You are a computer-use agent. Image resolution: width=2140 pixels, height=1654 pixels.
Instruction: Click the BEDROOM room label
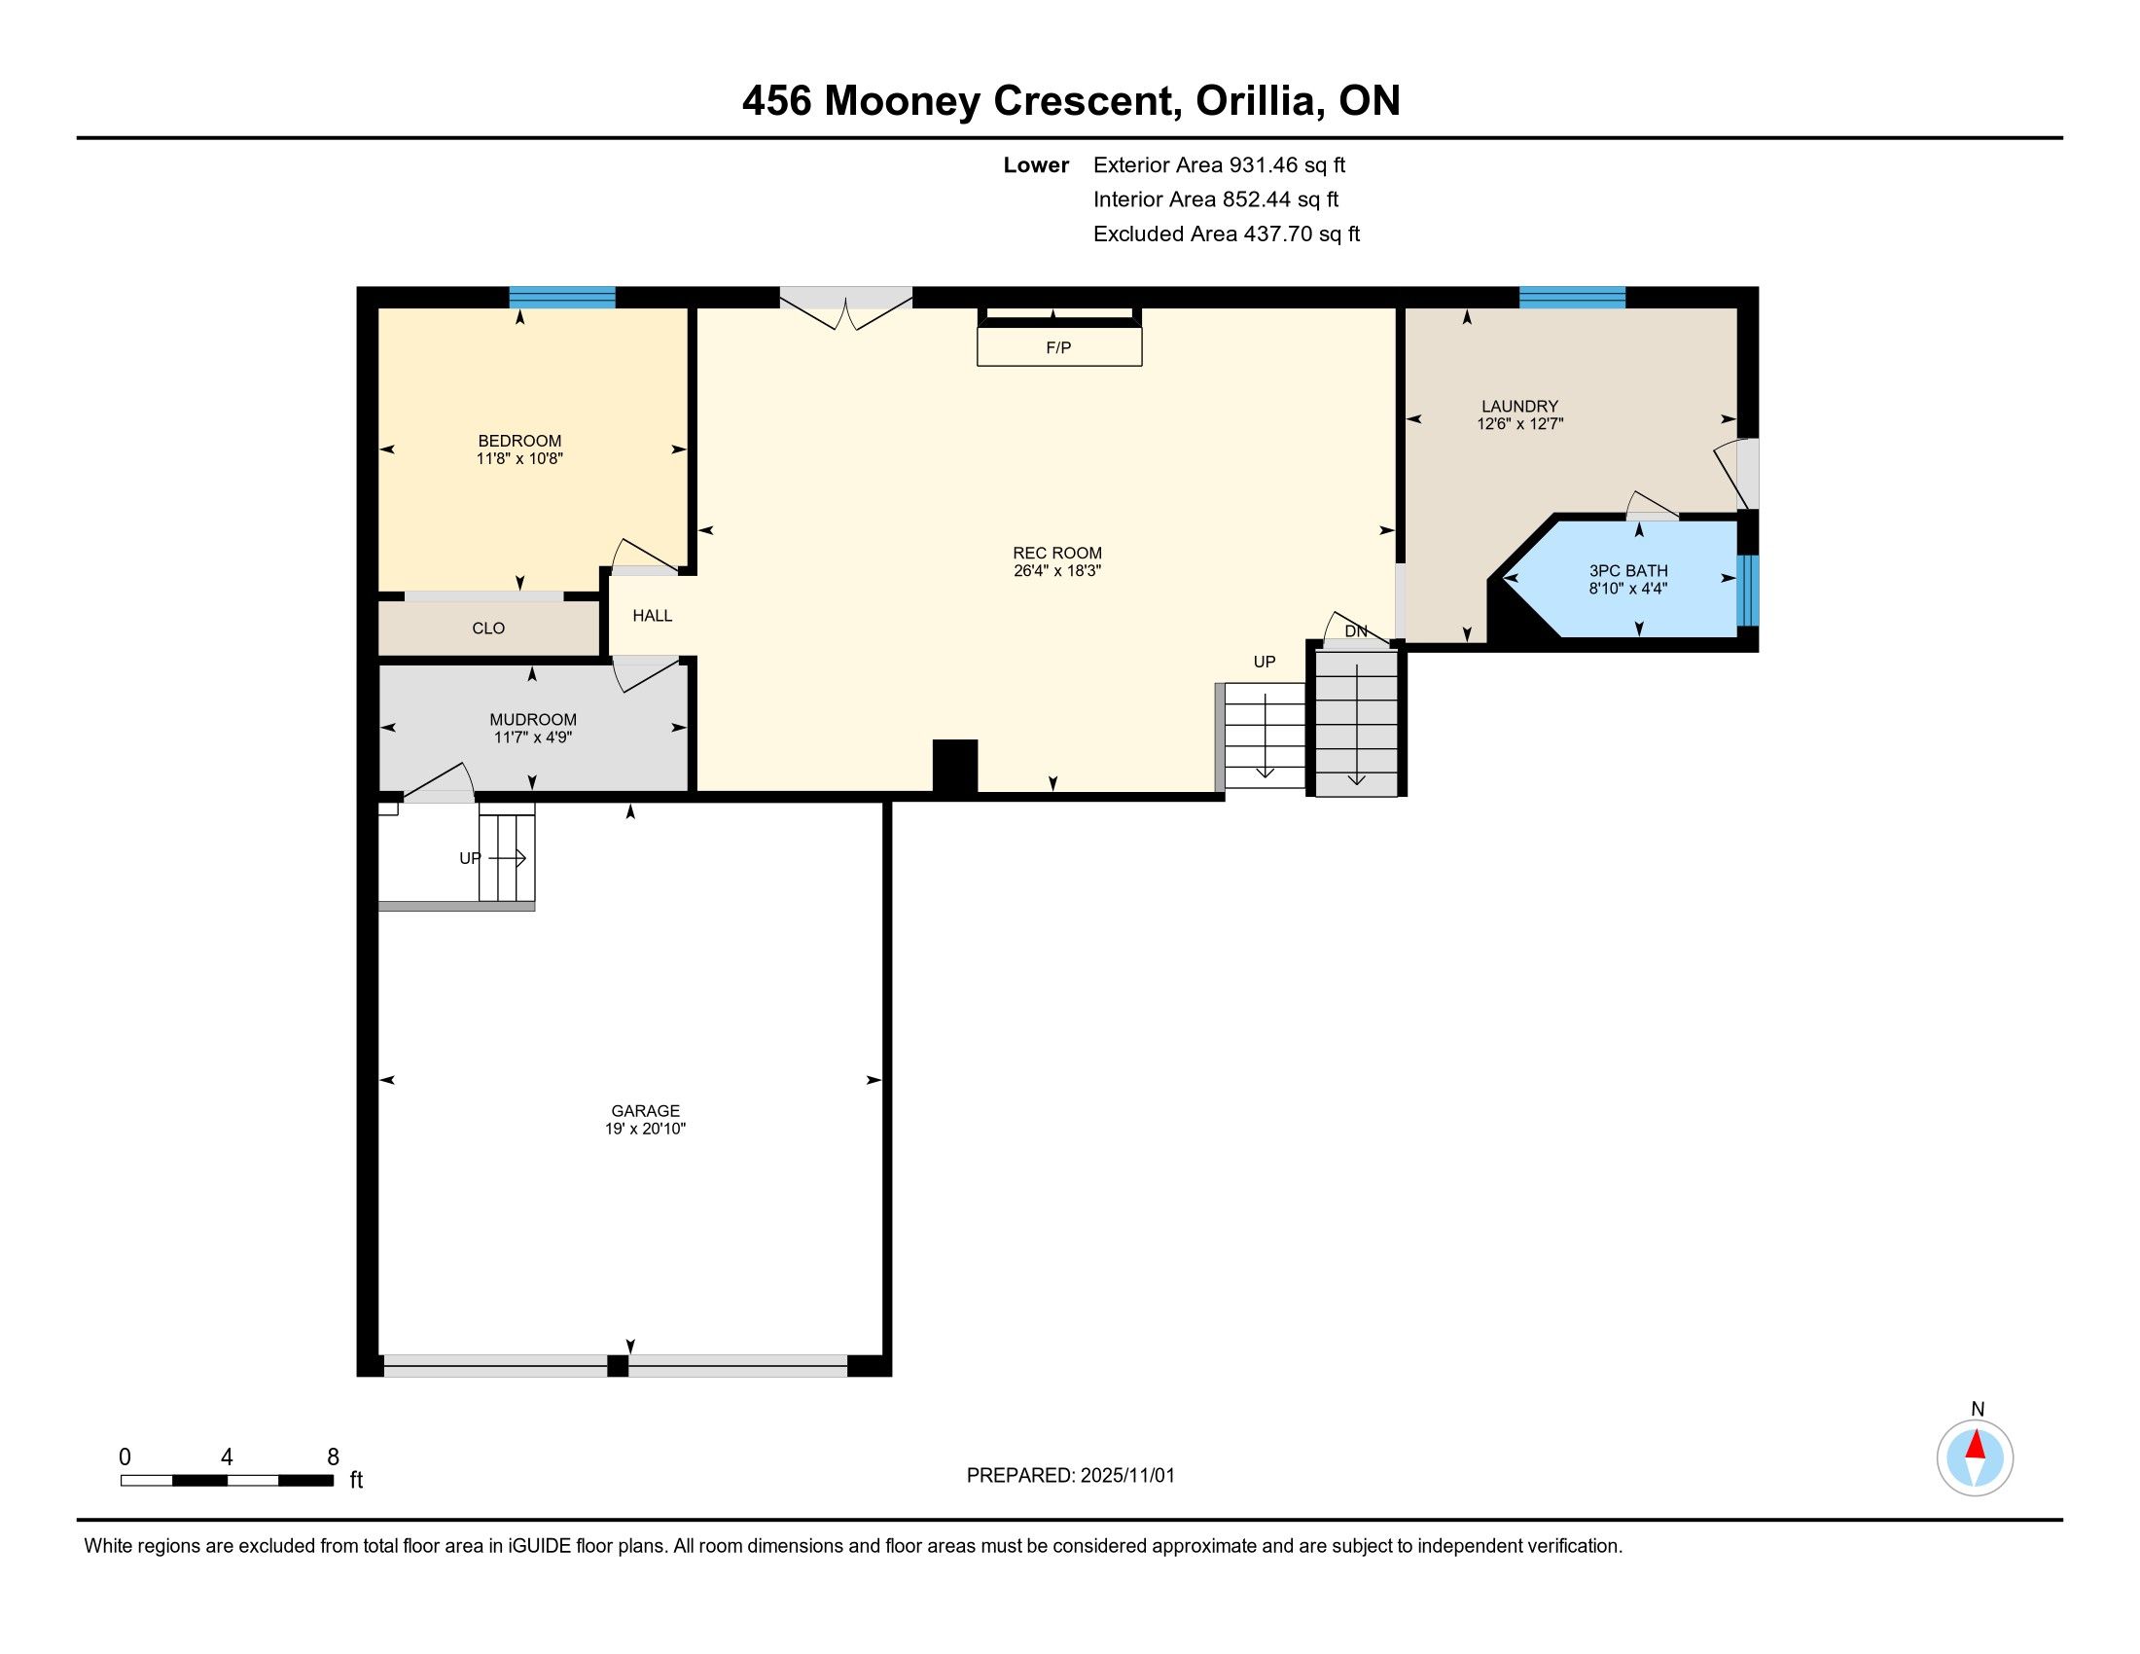[519, 441]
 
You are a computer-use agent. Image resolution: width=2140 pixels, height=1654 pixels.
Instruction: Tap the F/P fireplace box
[1059, 347]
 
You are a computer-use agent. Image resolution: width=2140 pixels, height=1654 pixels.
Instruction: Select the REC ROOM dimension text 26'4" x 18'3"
[1057, 570]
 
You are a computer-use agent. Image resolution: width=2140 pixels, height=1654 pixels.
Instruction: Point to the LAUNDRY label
[1519, 406]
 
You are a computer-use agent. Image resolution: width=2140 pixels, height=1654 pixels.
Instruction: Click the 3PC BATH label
[1628, 570]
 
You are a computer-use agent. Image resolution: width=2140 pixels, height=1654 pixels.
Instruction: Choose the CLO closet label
[488, 629]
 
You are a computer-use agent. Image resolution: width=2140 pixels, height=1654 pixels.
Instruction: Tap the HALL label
[653, 615]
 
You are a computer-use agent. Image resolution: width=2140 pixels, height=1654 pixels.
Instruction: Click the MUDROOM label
[533, 719]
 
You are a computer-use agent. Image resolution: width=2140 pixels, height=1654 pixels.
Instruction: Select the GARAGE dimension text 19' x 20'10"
[645, 1129]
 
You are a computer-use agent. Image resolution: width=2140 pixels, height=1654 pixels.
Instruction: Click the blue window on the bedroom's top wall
[562, 297]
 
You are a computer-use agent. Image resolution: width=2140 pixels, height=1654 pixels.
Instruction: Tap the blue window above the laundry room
[1573, 297]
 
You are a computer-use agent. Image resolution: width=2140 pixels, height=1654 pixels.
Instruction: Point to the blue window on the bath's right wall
[1748, 591]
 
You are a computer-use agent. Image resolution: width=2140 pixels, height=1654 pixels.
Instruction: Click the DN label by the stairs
[1356, 631]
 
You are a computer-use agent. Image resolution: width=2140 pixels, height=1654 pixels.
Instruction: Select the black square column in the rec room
[955, 767]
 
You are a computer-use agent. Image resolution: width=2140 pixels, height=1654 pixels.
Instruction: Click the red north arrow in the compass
[1976, 1445]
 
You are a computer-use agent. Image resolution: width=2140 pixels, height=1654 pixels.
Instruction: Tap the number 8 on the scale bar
[333, 1456]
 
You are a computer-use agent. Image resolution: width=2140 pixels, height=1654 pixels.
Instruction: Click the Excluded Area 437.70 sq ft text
[1227, 234]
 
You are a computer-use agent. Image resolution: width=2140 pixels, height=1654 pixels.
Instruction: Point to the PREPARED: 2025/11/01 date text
[1071, 1476]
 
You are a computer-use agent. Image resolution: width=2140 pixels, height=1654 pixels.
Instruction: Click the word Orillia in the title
[1255, 101]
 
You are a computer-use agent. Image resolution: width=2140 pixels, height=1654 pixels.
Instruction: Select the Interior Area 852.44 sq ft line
[1216, 199]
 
